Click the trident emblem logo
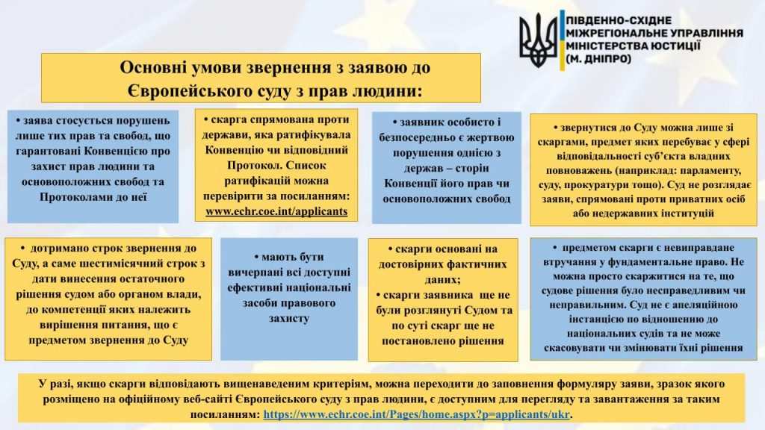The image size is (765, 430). click(538, 40)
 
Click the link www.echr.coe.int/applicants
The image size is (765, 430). click(276, 211)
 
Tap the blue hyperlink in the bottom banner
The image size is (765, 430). click(416, 414)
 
